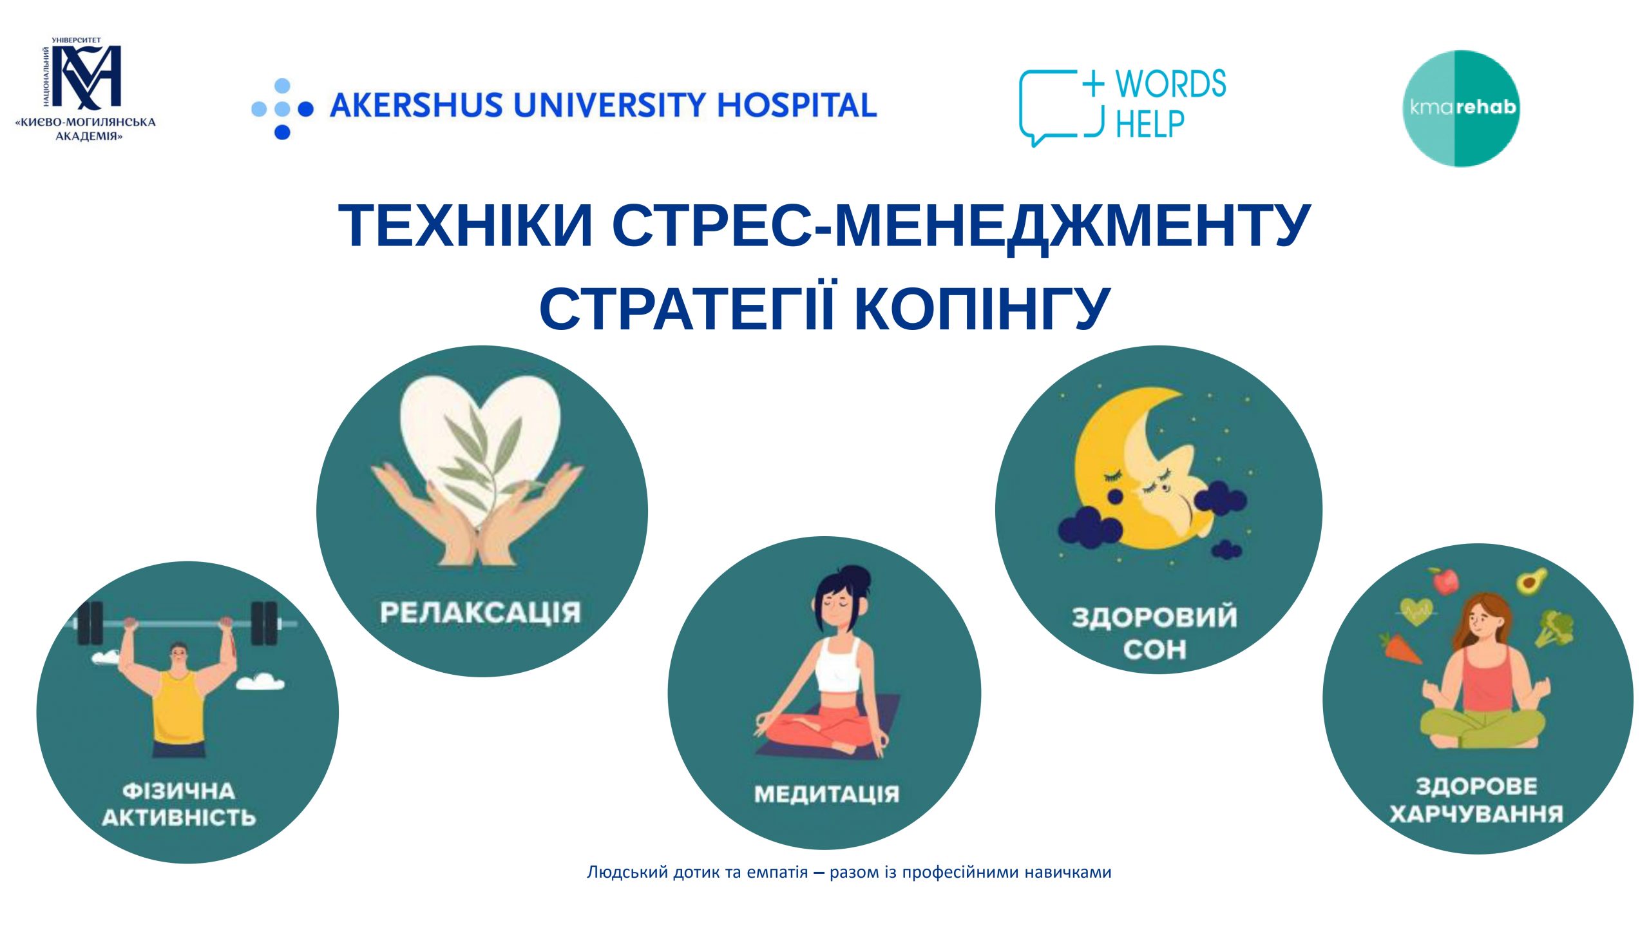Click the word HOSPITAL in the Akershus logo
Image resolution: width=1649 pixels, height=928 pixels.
(797, 105)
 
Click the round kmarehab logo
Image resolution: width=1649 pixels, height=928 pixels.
(1461, 108)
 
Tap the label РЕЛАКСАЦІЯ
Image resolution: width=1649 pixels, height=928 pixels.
(480, 613)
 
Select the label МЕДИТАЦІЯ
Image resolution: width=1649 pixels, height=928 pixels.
(826, 794)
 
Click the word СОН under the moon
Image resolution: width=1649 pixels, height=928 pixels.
(1154, 650)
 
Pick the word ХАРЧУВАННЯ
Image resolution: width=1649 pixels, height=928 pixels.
(1476, 814)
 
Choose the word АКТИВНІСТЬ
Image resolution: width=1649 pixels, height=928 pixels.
(178, 818)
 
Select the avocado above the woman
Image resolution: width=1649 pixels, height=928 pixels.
(1531, 581)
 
